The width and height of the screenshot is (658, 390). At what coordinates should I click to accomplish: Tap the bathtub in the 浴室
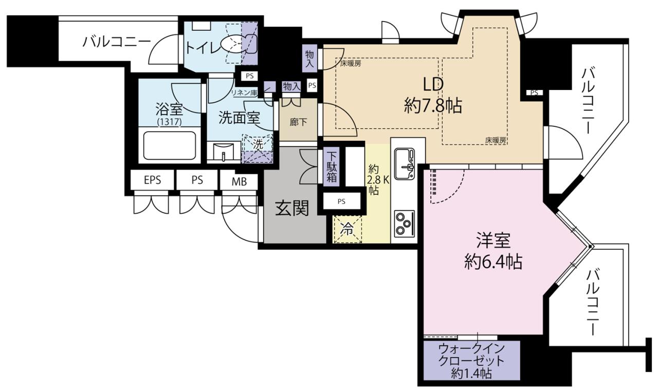(x=170, y=145)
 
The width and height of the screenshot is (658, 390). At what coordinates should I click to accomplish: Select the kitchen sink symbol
(x=405, y=163)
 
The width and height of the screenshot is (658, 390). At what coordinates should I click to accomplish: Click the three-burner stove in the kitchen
(x=405, y=224)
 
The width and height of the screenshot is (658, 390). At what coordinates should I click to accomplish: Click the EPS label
(x=153, y=180)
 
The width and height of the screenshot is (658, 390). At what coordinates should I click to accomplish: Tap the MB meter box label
(x=239, y=182)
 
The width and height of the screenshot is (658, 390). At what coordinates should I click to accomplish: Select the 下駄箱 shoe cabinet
(x=332, y=167)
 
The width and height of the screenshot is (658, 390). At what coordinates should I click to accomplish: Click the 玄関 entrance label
(x=292, y=208)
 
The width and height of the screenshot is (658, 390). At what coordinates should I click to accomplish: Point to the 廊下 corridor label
(x=299, y=122)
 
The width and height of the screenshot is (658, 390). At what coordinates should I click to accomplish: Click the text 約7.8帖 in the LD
(x=433, y=106)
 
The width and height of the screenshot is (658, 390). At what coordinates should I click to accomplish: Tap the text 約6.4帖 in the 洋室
(x=493, y=262)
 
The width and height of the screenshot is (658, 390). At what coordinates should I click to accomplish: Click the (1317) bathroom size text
(x=170, y=122)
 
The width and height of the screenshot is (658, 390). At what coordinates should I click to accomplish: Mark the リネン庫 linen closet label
(x=244, y=93)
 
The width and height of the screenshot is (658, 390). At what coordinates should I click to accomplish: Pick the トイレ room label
(x=203, y=48)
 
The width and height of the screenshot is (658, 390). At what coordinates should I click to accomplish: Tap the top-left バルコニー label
(x=117, y=42)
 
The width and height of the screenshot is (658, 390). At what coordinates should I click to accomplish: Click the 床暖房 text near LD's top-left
(x=351, y=63)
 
